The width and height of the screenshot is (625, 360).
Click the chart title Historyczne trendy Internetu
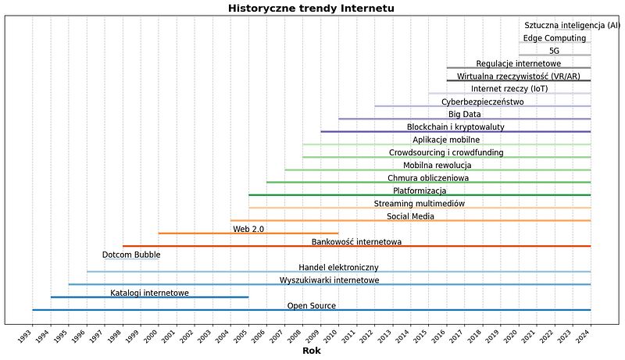pyautogui.click(x=311, y=9)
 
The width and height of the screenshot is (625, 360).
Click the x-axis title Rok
pyautogui.click(x=311, y=351)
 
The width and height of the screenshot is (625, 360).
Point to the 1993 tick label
pyautogui.click(x=25, y=336)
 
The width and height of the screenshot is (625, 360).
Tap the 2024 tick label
pyautogui.click(x=583, y=336)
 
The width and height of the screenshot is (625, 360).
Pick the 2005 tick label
pyautogui.click(x=241, y=336)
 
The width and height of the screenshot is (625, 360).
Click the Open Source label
pyautogui.click(x=311, y=306)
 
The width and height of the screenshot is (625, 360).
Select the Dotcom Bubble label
pyautogui.click(x=131, y=255)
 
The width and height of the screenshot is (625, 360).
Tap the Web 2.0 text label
pyautogui.click(x=248, y=230)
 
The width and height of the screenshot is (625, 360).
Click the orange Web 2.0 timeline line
pyautogui.click(x=248, y=233)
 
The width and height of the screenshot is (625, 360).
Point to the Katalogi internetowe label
pyautogui.click(x=149, y=293)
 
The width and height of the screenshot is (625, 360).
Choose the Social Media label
pyautogui.click(x=411, y=216)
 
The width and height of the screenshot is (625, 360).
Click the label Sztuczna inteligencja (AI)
pyautogui.click(x=573, y=26)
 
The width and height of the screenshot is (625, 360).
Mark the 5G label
pyautogui.click(x=555, y=51)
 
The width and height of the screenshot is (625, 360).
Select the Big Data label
pyautogui.click(x=465, y=115)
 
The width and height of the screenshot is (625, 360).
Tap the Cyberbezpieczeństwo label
pyautogui.click(x=483, y=102)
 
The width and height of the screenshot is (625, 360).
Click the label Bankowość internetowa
pyautogui.click(x=356, y=242)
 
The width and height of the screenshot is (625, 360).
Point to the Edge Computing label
pyautogui.click(x=555, y=38)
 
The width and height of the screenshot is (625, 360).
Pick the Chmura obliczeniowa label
pyautogui.click(x=428, y=178)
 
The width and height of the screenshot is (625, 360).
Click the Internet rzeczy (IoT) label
pyautogui.click(x=509, y=89)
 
